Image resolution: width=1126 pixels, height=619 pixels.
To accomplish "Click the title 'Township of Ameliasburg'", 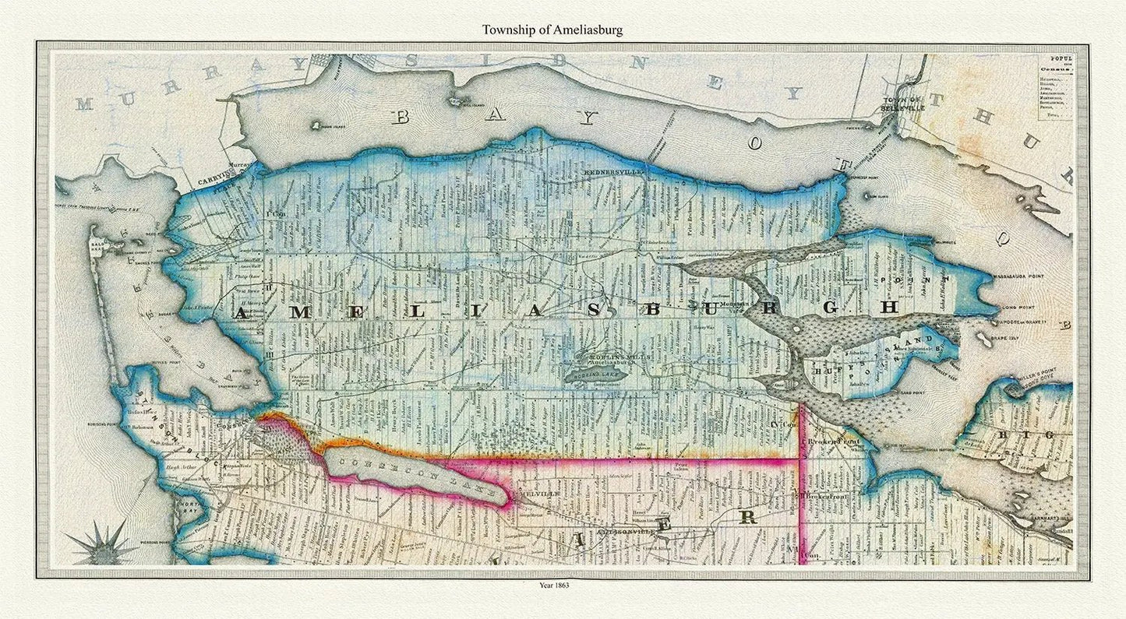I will pyautogui.click(x=552, y=30).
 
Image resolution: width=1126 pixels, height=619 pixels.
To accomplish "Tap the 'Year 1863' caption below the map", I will pyautogui.click(x=552, y=585).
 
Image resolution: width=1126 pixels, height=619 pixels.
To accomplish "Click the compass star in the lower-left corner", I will pyautogui.click(x=101, y=542).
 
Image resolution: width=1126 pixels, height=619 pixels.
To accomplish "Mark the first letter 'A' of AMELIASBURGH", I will pyautogui.click(x=242, y=314).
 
